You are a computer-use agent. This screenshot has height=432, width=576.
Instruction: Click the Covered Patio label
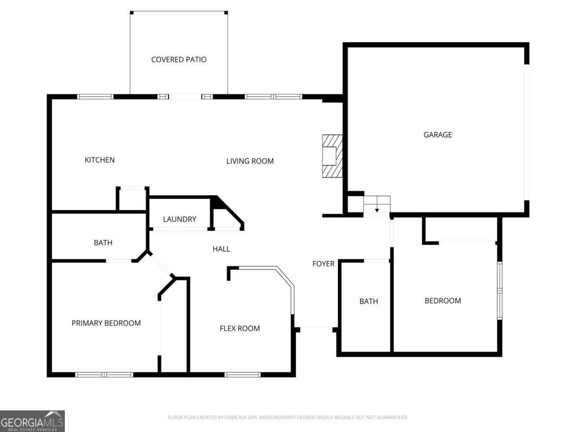coord(179,60)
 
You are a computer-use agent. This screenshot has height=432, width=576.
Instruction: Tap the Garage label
coord(437,135)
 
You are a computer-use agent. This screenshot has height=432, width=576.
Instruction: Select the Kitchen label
coord(99,160)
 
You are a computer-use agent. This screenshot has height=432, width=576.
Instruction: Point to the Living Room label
coord(250,161)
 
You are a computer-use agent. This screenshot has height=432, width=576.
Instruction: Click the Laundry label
coord(180,219)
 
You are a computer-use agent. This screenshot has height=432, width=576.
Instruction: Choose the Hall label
coord(221,249)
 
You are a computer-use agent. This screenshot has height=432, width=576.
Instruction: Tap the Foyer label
coord(323,264)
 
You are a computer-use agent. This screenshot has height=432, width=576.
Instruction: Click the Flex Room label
coord(240,328)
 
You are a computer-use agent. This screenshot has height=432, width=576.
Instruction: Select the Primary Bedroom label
coord(106,323)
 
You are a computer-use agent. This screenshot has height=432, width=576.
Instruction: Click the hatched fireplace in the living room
coord(332,156)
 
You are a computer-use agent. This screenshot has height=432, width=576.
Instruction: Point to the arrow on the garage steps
coord(377,210)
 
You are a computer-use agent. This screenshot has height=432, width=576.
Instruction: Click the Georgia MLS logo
coord(32,421)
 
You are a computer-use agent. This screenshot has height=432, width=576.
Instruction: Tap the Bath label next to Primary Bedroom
coord(103,243)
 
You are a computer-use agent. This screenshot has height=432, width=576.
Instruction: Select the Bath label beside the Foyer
coord(369,301)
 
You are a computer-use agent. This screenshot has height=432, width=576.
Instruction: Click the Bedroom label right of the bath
coord(443,301)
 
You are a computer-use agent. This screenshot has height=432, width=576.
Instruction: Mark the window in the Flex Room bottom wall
coord(242,374)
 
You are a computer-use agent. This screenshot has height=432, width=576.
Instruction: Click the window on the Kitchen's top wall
coord(96,96)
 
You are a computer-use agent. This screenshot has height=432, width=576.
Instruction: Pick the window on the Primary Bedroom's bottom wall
coord(104,374)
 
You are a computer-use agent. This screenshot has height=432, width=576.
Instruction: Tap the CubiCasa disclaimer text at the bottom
coord(288,418)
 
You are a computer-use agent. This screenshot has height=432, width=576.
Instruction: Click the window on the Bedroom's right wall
coord(499,290)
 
